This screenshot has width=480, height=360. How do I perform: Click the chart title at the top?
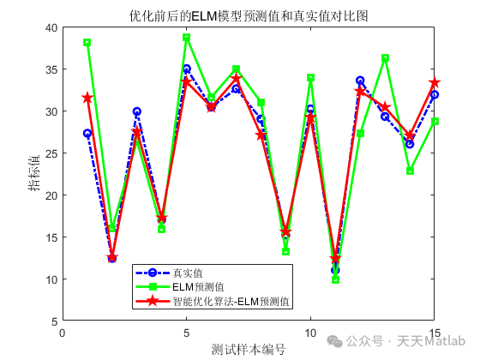pyautogui.click(x=249, y=15)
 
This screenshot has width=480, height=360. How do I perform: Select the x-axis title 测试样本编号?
pyautogui.click(x=249, y=350)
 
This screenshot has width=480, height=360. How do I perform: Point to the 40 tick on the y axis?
pyautogui.click(x=51, y=28)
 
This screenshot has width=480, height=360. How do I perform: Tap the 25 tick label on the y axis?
pyautogui.click(x=51, y=153)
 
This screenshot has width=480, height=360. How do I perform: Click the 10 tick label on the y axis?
pyautogui.click(x=51, y=279)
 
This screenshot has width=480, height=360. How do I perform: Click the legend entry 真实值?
pyautogui.click(x=190, y=273)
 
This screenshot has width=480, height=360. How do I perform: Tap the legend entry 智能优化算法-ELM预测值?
pyautogui.click(x=231, y=302)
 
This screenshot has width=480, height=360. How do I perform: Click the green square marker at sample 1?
pyautogui.click(x=87, y=43)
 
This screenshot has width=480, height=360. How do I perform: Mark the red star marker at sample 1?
pyautogui.click(x=87, y=99)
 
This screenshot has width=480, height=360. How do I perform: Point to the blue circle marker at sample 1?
pyautogui.click(x=87, y=134)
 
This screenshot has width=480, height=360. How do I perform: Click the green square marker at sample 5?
pyautogui.click(x=186, y=38)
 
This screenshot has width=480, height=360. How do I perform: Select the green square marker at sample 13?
pyautogui.click(x=385, y=58)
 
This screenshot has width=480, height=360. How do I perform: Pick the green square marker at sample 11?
pyautogui.click(x=335, y=279)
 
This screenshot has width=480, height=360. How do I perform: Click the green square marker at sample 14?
pyautogui.click(x=410, y=171)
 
